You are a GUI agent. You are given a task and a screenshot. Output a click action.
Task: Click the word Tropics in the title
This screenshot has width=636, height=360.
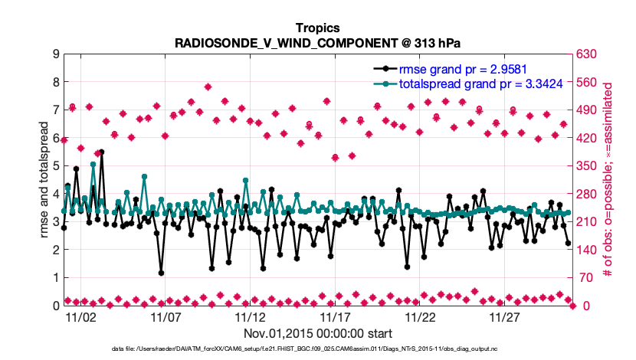pos(317,28)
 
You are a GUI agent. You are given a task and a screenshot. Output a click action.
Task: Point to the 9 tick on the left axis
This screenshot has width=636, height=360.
pos(56,54)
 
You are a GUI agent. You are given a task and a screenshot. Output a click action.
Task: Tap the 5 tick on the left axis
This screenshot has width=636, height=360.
pos(56,165)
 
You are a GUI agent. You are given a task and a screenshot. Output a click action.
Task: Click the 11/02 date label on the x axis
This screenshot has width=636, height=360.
pos(80,316)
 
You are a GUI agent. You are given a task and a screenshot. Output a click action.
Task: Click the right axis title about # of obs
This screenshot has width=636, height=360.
pos(608,179)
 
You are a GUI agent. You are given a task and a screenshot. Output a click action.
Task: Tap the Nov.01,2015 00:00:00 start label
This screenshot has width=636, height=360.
pos(318,333)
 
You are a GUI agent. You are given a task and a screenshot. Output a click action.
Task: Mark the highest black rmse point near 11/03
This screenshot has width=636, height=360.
pos(101,152)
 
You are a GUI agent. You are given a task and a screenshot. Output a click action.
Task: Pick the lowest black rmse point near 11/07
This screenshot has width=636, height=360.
pos(161,273)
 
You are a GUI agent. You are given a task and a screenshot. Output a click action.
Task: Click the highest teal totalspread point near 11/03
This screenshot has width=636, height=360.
pos(93,165)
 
